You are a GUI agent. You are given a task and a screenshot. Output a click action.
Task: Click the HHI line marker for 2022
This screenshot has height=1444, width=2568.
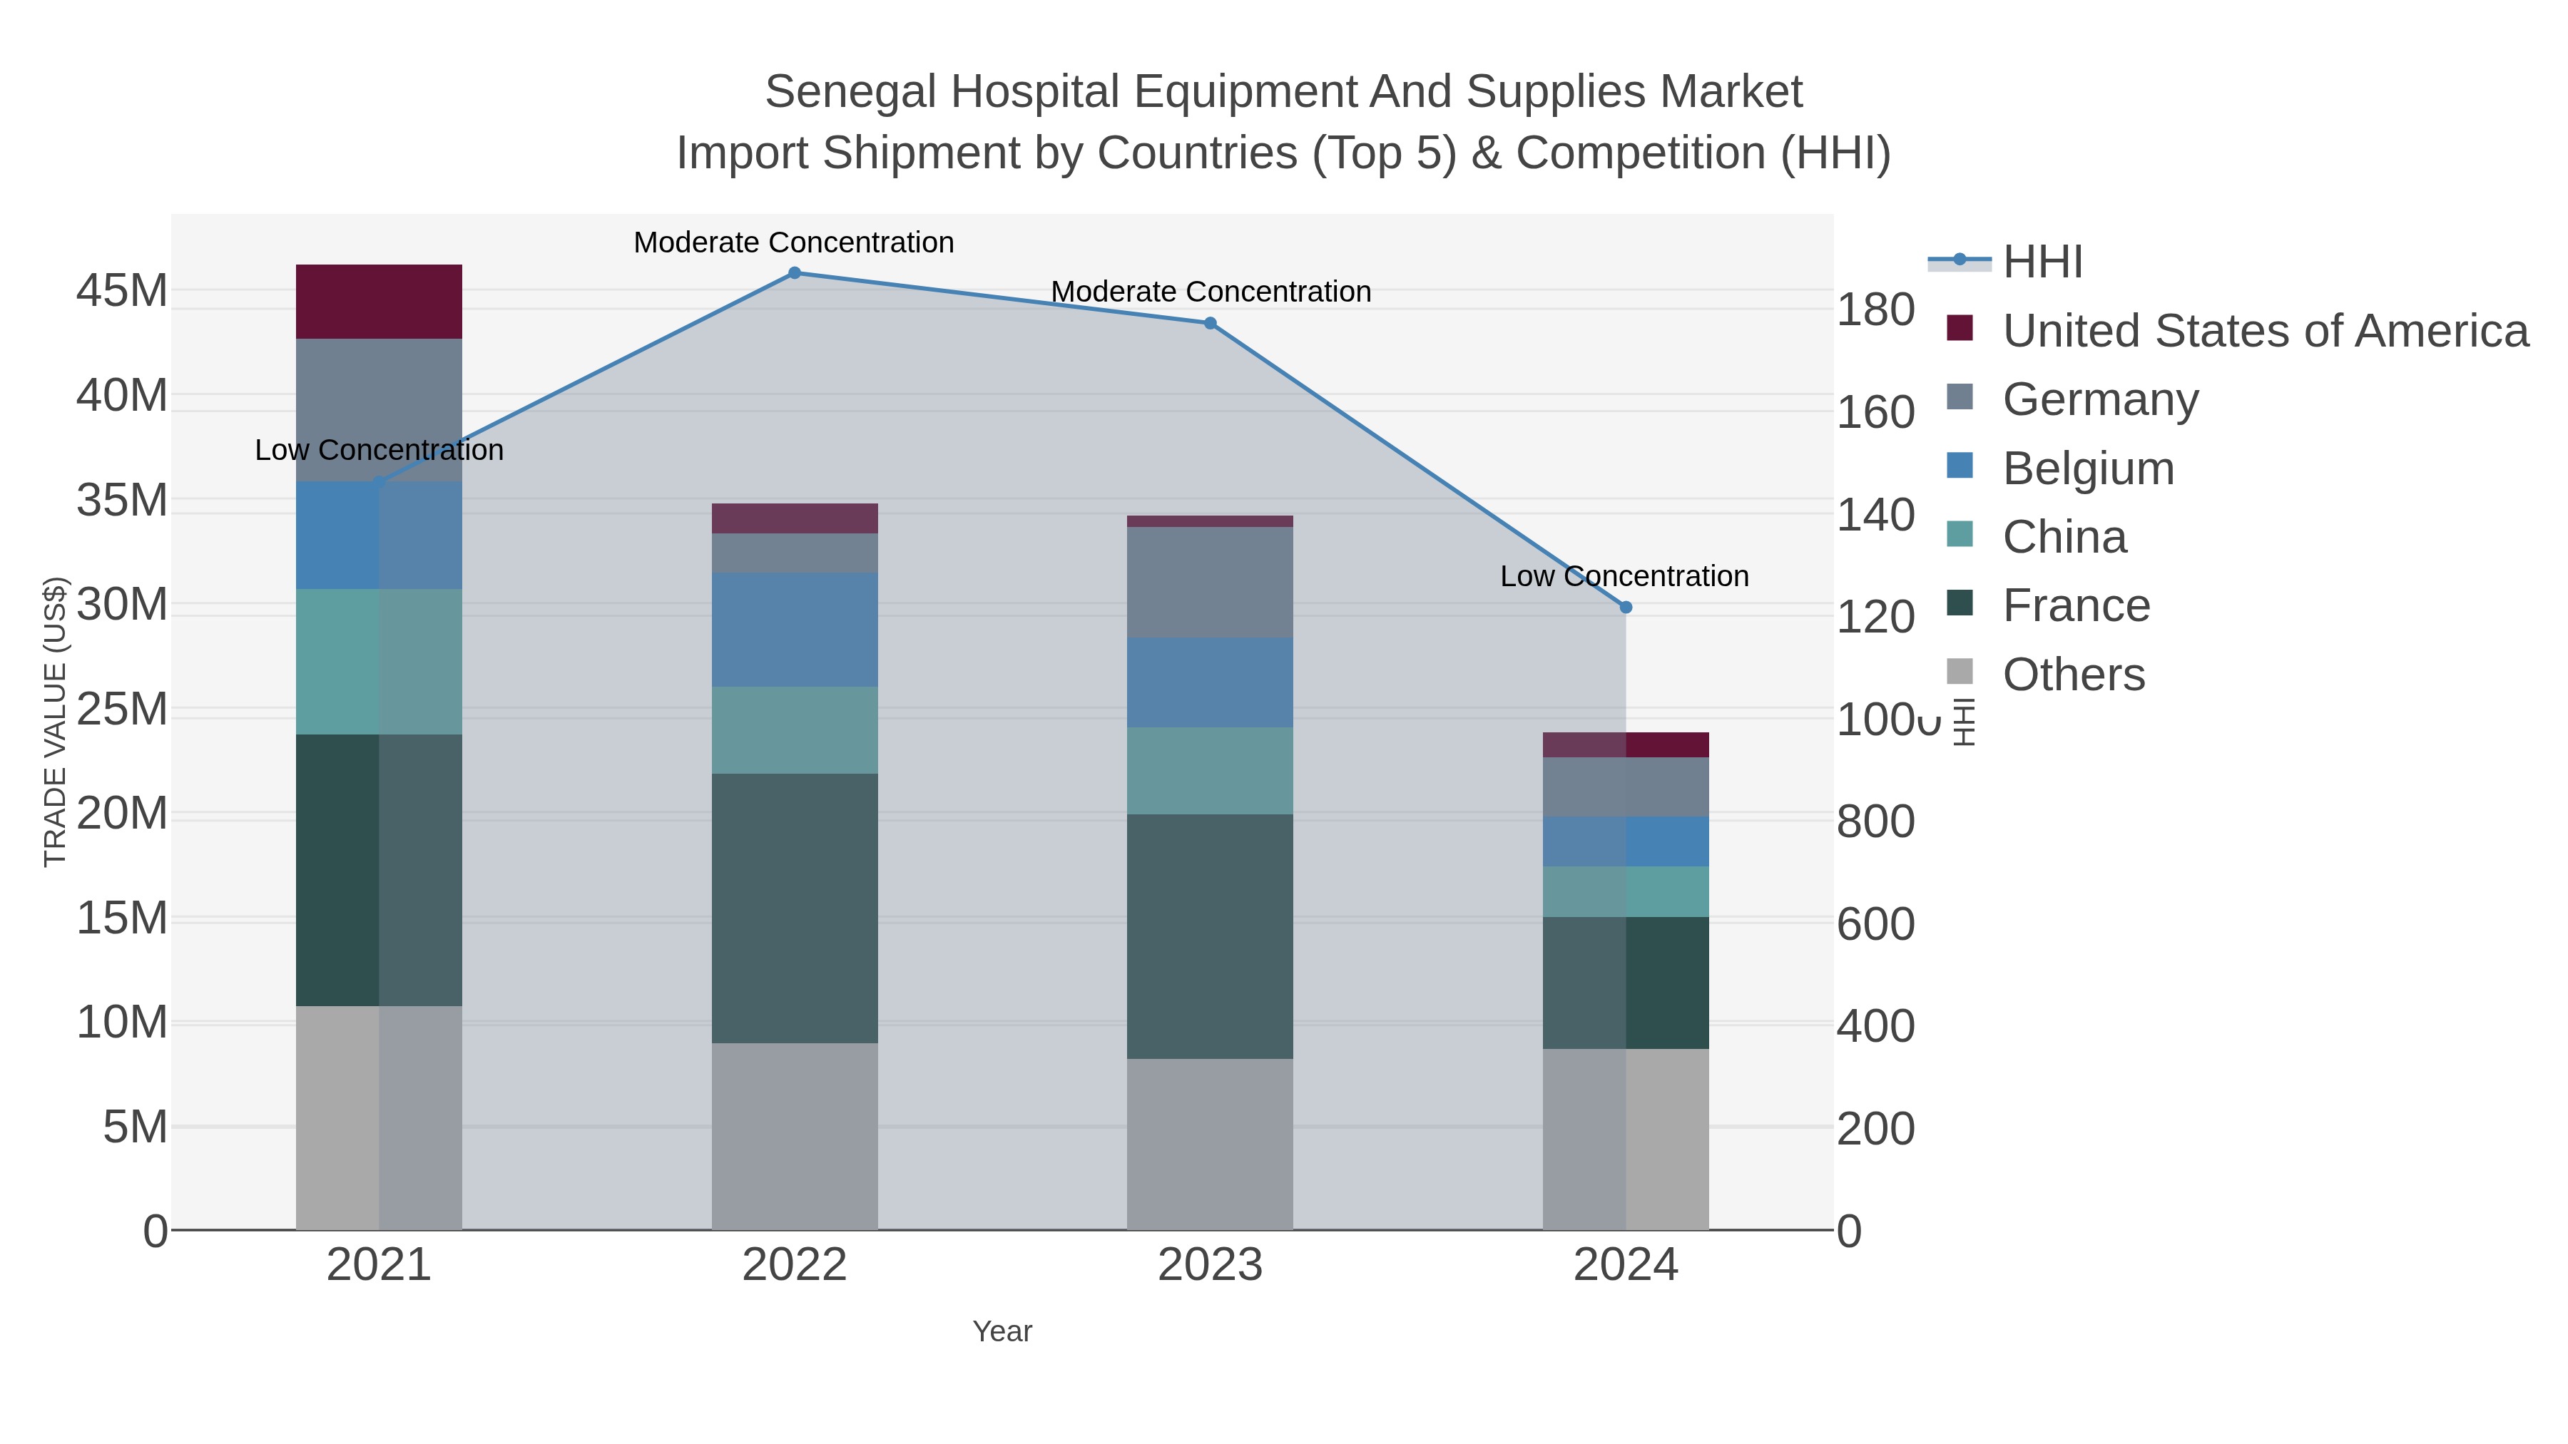coord(795,273)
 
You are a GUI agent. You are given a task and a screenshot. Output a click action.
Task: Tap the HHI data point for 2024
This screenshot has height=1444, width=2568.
coord(1626,607)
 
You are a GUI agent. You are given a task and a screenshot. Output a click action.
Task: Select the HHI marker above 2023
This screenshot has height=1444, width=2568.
coord(1211,323)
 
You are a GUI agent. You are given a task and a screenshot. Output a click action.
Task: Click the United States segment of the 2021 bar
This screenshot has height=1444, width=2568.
coord(379,302)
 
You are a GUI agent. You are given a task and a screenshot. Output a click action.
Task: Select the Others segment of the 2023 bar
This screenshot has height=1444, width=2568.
coord(1211,1143)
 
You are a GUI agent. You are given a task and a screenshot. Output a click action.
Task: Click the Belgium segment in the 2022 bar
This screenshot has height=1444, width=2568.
coord(795,629)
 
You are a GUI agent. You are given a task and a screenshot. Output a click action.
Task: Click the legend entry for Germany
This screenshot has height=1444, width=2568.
coord(2099,399)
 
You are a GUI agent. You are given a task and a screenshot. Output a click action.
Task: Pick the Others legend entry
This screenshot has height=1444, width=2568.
coord(2072,675)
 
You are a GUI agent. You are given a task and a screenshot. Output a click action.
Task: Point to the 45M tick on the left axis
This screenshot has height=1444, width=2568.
coord(121,291)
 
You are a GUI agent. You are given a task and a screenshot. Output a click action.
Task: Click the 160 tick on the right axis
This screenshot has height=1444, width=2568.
coord(1875,413)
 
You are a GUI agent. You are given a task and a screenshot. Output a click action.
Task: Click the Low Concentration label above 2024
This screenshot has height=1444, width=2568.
coord(1624,576)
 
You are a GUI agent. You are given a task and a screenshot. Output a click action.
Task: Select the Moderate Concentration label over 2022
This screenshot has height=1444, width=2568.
coord(793,242)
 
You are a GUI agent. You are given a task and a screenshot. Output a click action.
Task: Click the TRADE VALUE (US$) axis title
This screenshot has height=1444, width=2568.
coord(55,722)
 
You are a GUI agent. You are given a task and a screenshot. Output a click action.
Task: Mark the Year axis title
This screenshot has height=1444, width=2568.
coord(1002,1331)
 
